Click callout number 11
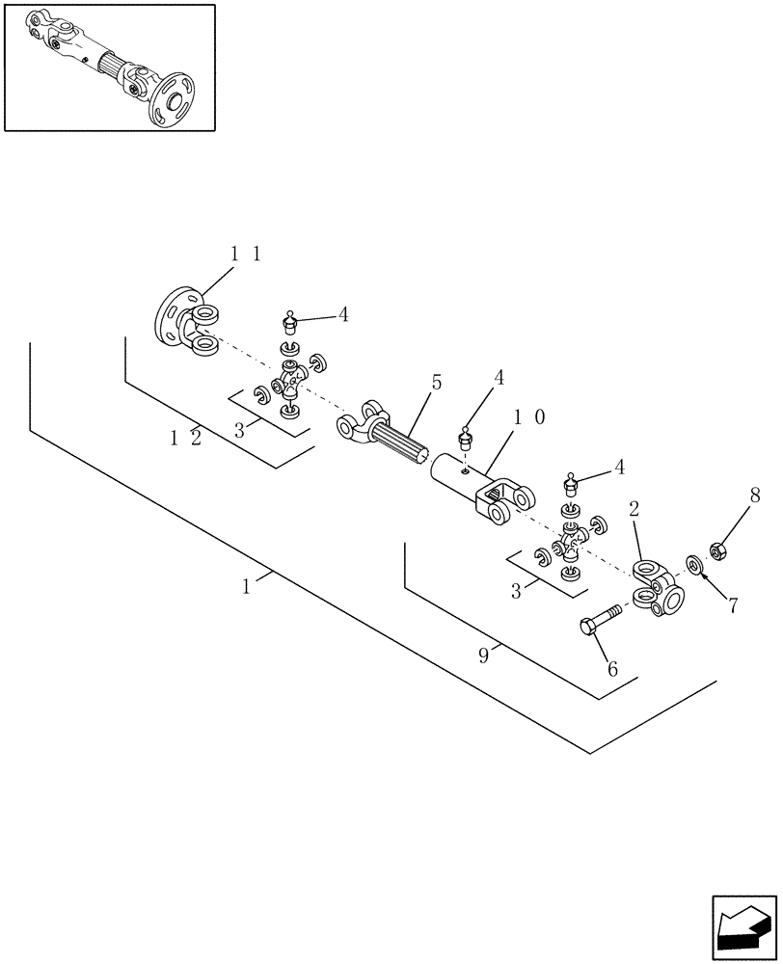(x=245, y=254)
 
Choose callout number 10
(x=529, y=416)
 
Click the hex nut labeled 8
(x=717, y=550)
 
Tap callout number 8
(x=755, y=496)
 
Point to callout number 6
(x=610, y=668)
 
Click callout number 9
(x=485, y=656)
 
